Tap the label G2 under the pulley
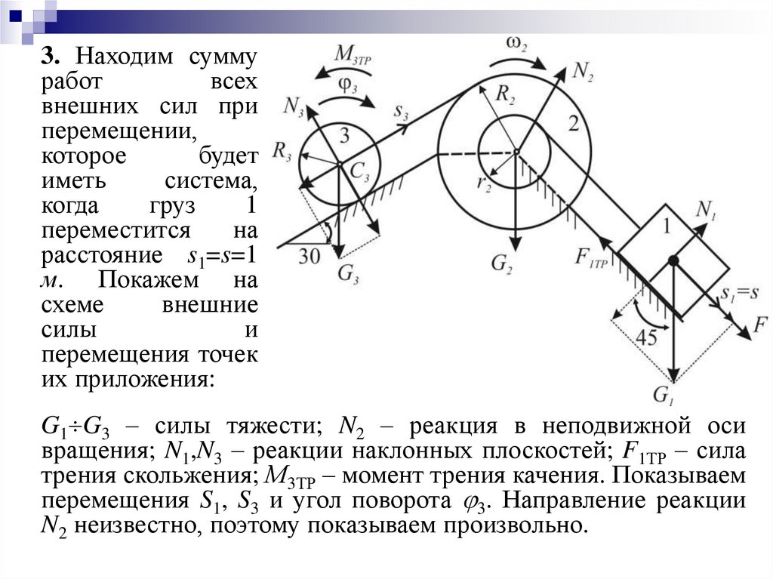(502, 263)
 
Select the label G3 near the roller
(349, 273)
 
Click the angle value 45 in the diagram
(646, 337)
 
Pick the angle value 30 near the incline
(309, 256)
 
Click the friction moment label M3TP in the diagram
(355, 54)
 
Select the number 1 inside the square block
(666, 225)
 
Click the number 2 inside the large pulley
(574, 125)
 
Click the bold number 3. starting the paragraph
(50, 57)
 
